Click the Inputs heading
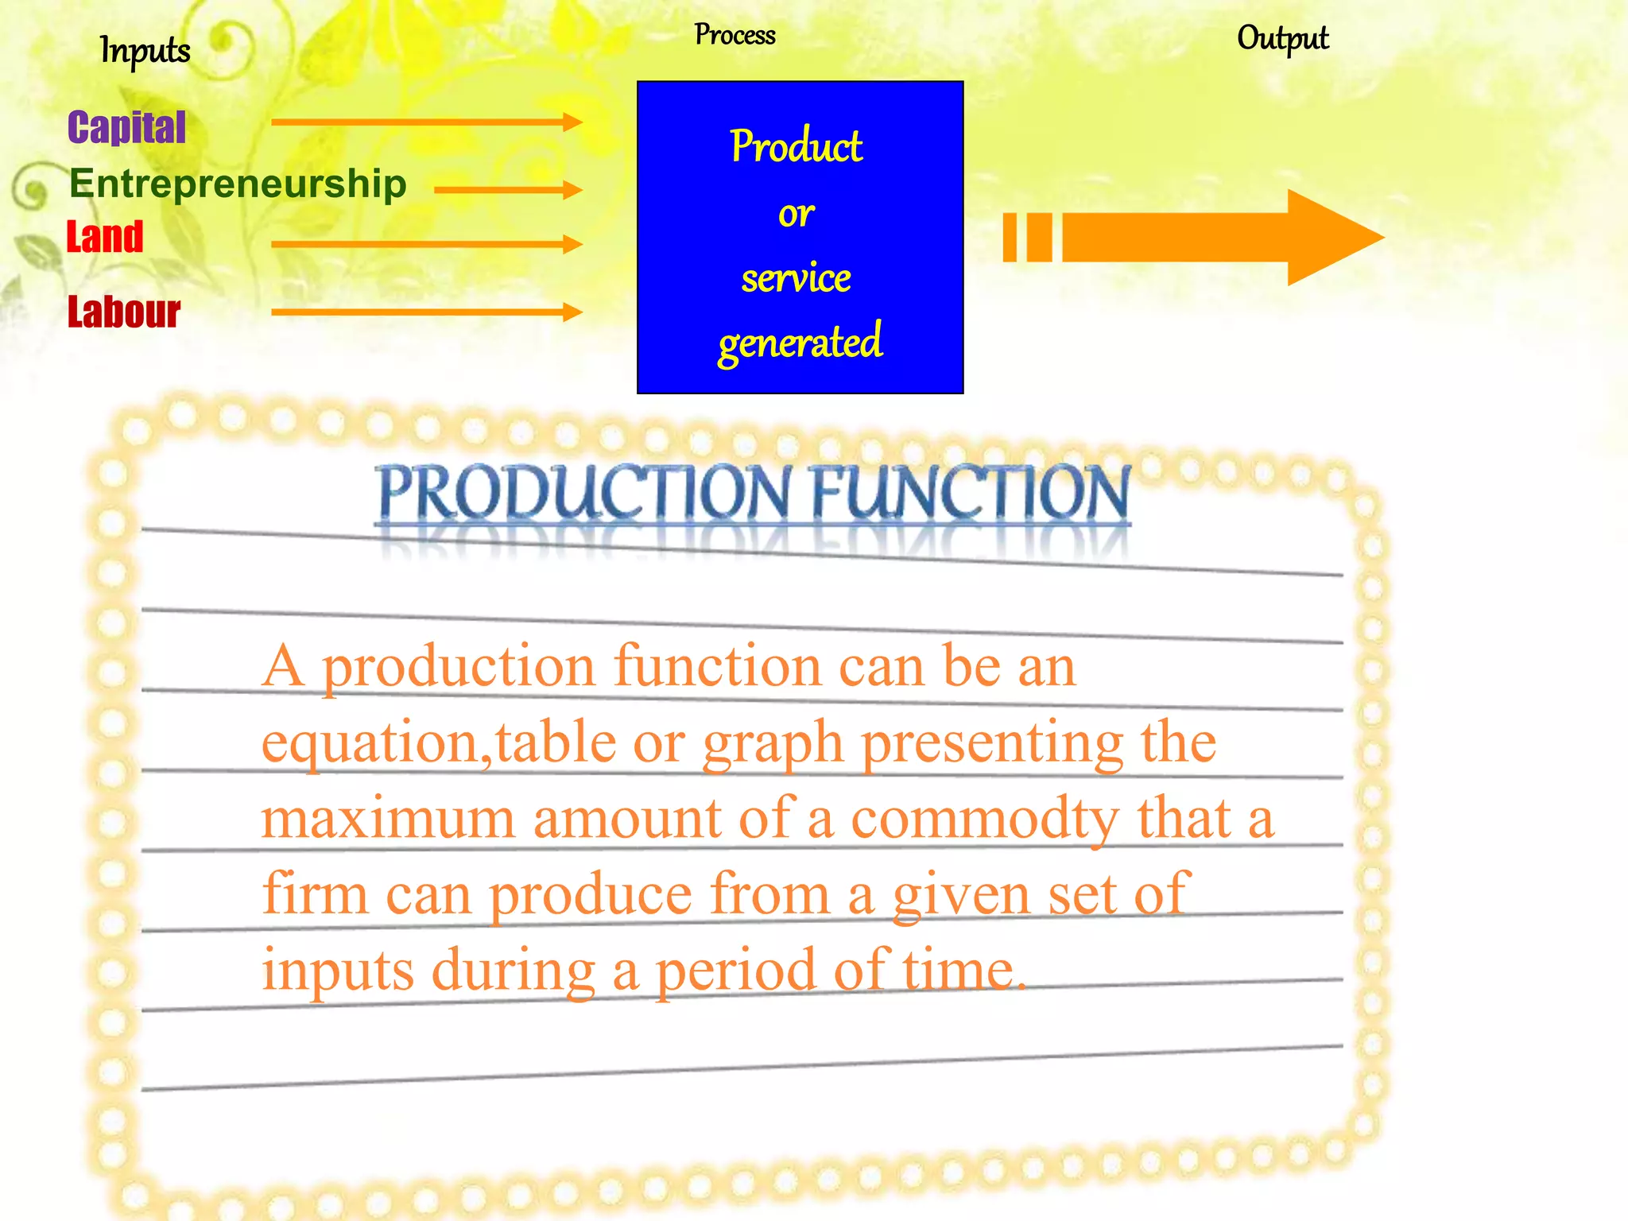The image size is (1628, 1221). pyautogui.click(x=145, y=51)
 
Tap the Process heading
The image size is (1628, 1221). pyautogui.click(x=735, y=35)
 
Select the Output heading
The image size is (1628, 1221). pyautogui.click(x=1282, y=38)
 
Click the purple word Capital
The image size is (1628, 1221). pyautogui.click(x=126, y=128)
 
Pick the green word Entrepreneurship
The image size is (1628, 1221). pyautogui.click(x=238, y=184)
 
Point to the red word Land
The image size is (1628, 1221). pyautogui.click(x=105, y=237)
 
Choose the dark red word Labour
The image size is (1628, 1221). pyautogui.click(x=124, y=312)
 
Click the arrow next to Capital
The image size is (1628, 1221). pyautogui.click(x=426, y=122)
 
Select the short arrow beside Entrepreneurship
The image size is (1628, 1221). pyautogui.click(x=508, y=190)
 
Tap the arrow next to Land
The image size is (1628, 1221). pyautogui.click(x=426, y=244)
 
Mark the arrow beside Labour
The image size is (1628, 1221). pyautogui.click(x=426, y=312)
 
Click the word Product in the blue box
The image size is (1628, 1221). pyautogui.click(x=797, y=146)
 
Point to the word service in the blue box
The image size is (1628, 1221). pyautogui.click(x=797, y=278)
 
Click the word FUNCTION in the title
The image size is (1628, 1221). pyautogui.click(x=970, y=493)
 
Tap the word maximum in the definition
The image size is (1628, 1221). pyautogui.click(x=388, y=819)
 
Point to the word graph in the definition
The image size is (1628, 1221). pyautogui.click(x=772, y=744)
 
